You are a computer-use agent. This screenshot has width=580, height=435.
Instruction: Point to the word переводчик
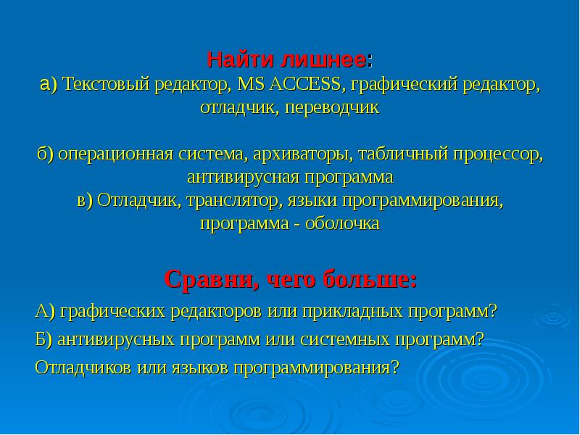point(332,108)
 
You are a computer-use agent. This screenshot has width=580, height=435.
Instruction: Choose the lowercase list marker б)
point(46,154)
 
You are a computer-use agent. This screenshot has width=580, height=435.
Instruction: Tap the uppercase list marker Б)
point(44,339)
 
